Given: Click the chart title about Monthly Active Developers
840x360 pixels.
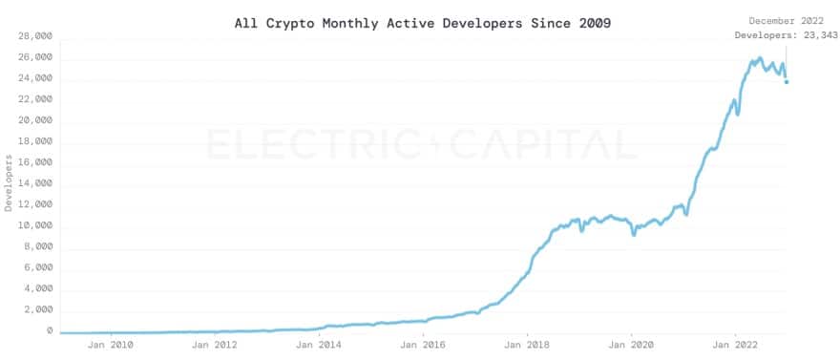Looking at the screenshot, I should [423, 22].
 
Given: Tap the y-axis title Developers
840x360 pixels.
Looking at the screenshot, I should [9, 183].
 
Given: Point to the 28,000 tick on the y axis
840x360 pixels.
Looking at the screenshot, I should [35, 36].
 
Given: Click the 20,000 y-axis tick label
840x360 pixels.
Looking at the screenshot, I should [35, 120].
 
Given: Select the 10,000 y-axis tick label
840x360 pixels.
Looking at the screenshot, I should [35, 225].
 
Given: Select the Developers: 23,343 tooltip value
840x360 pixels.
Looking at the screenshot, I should [786, 35].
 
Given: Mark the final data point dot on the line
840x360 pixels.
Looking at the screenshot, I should [787, 82].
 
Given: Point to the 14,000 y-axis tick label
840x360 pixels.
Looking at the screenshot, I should [35, 183].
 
